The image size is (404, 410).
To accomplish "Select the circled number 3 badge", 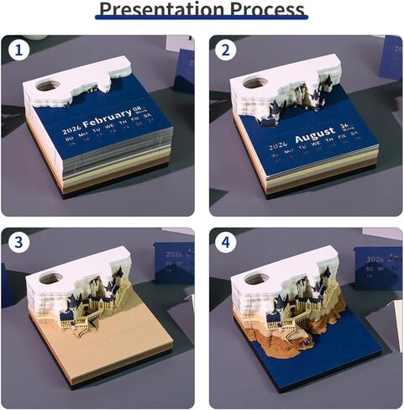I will click(20, 243).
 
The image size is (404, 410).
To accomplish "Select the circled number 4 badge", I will click(224, 243).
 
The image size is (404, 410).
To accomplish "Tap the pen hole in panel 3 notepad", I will click(52, 278).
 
